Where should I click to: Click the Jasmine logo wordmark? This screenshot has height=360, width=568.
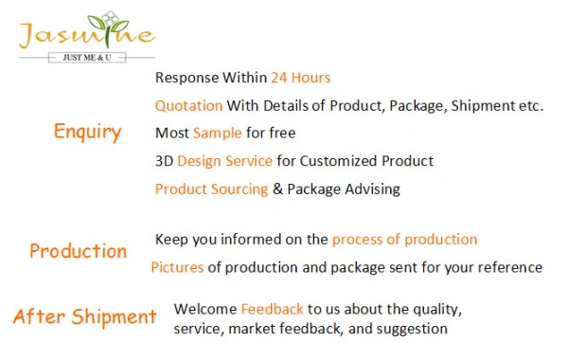coord(87,33)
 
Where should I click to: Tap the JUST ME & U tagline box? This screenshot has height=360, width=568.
coord(87,57)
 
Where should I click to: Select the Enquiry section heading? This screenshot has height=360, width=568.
coord(87,132)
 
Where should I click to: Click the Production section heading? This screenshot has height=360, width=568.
coord(79,251)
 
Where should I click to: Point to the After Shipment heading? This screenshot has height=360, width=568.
coord(85,316)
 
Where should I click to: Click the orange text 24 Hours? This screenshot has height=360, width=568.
coord(301,78)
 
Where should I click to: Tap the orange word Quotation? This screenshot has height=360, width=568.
coord(188,106)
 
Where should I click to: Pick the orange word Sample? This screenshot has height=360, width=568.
coord(218,133)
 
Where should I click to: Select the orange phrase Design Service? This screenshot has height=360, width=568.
coord(224,161)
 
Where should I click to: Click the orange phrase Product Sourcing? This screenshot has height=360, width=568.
coord(211,189)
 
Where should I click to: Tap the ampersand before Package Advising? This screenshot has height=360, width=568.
coord(277,189)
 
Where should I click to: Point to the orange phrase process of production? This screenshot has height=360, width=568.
coord(404,240)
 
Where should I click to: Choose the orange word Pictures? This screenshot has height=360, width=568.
coord(177,267)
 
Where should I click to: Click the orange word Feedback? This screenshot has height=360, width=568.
coord(272,309)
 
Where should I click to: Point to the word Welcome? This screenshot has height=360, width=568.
coord(205,309)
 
